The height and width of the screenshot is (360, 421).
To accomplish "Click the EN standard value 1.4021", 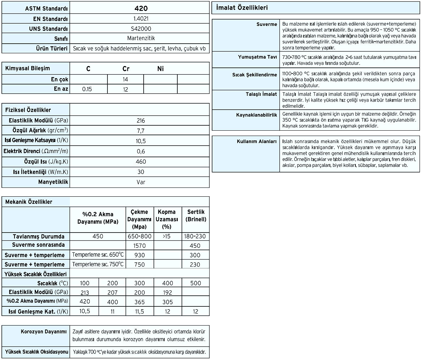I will (141, 19).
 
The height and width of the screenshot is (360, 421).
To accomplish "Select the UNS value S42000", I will (141, 29).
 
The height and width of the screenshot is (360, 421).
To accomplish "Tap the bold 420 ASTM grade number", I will (141, 9).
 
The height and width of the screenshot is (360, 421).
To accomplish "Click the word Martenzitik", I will (141, 38).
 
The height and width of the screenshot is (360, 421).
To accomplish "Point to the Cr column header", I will (126, 69).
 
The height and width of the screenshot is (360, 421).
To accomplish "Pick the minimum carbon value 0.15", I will (87, 89).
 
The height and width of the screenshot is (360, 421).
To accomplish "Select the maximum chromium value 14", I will (125, 80).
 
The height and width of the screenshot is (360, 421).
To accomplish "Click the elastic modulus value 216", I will (141, 121).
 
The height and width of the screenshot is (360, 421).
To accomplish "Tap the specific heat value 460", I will (141, 162).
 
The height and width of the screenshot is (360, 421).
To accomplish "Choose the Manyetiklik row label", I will (53, 182).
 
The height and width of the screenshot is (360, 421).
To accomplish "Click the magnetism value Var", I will (141, 182).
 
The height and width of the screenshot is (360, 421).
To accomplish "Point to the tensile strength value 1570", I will (140, 246).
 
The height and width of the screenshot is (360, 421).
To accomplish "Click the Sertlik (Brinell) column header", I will (195, 216).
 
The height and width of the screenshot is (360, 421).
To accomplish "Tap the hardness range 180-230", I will (195, 236).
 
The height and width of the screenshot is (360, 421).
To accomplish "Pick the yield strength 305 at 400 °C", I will (168, 302).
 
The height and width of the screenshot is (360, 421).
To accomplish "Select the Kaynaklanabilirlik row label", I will (256, 115).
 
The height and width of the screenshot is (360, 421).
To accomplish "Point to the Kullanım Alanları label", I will (256, 141).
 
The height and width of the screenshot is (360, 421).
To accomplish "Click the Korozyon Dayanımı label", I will (44, 332).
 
